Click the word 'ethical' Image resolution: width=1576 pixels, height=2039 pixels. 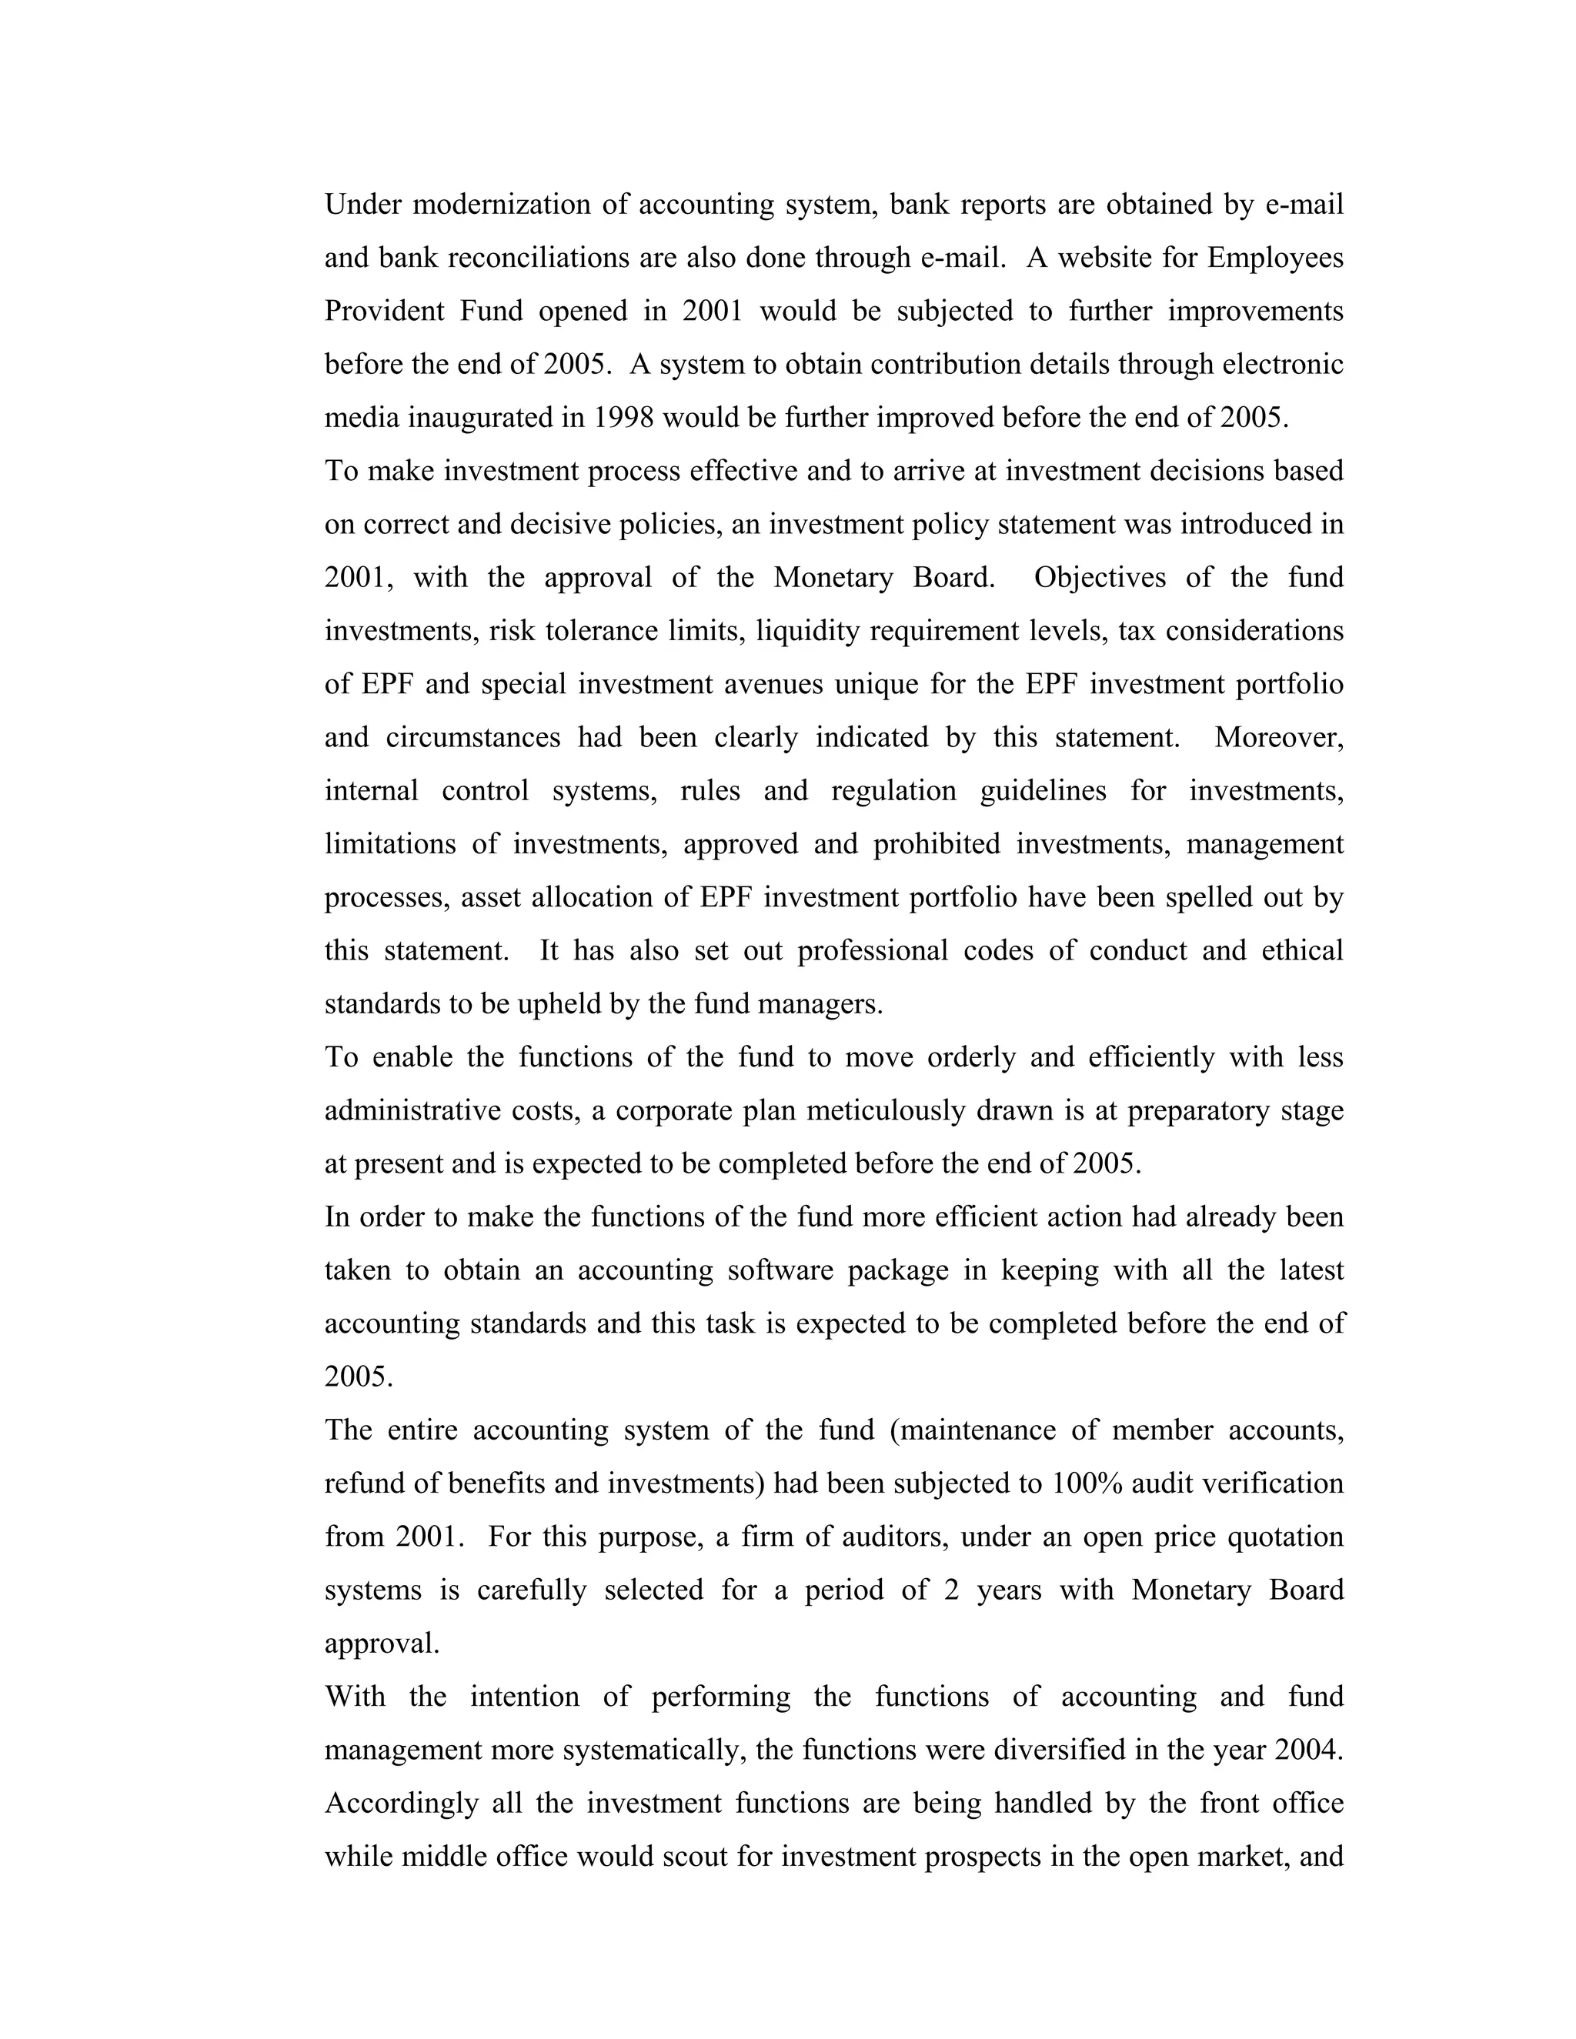coord(1303,950)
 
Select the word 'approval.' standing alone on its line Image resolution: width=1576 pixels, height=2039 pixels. coord(382,1644)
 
